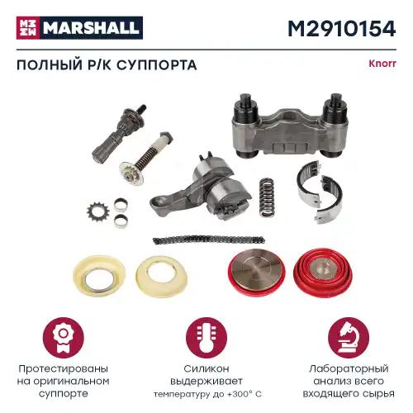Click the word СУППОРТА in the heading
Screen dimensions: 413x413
160,65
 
